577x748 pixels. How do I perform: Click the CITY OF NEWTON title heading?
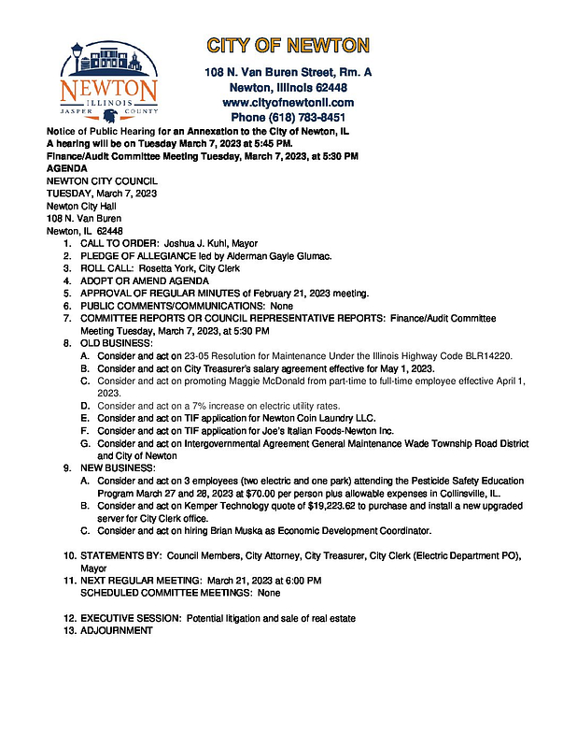pos(288,45)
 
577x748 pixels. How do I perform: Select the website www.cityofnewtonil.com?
pos(288,102)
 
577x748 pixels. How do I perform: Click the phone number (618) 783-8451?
pos(288,118)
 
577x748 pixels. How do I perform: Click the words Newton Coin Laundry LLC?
pos(313,418)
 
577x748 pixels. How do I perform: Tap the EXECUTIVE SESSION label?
pos(132,618)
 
